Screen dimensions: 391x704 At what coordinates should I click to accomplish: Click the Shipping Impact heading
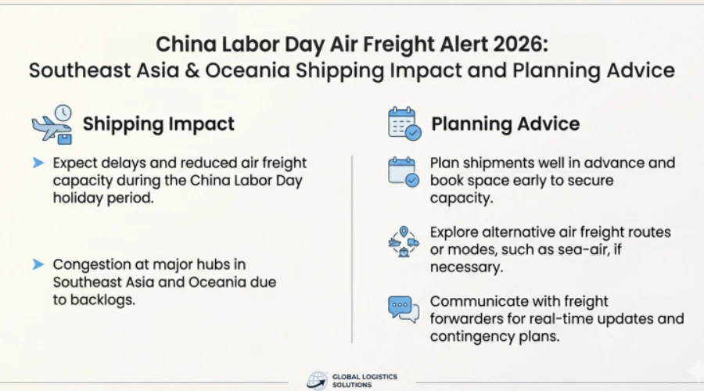[x=159, y=124]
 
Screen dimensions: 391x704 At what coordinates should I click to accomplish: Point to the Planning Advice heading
[x=505, y=124]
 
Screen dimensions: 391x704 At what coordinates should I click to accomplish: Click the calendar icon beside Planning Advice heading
[x=404, y=124]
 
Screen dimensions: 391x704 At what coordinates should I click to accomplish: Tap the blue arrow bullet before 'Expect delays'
[x=38, y=163]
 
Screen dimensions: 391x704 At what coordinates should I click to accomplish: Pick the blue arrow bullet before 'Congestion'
[x=38, y=264]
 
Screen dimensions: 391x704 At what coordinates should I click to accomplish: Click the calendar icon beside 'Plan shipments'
[x=404, y=171]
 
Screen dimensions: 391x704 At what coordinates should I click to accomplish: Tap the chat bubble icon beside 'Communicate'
[x=404, y=309]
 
